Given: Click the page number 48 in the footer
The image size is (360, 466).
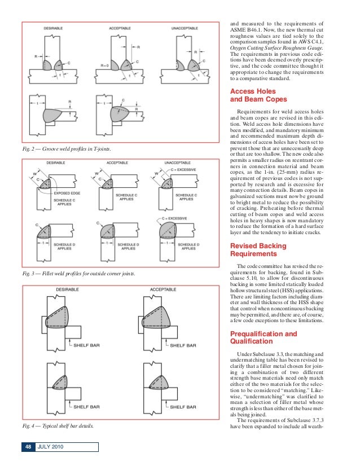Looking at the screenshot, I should [x=27, y=447].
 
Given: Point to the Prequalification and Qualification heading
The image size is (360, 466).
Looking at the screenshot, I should [x=263, y=337].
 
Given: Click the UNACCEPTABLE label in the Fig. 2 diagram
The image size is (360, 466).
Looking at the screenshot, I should [x=188, y=29].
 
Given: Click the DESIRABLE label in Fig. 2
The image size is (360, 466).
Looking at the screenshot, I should [x=57, y=29].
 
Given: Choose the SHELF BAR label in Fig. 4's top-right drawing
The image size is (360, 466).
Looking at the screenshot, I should [x=183, y=344].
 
